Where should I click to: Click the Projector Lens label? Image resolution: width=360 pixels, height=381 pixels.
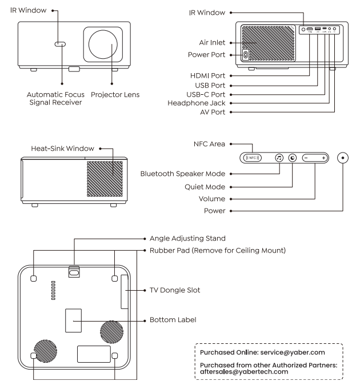[115, 93]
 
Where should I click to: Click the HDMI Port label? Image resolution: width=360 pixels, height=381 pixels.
[209, 75]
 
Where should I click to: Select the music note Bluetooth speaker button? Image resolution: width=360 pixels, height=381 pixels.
[279, 158]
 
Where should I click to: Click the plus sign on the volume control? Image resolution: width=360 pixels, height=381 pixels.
[323, 158]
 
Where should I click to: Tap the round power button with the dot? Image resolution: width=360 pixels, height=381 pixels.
[343, 158]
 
